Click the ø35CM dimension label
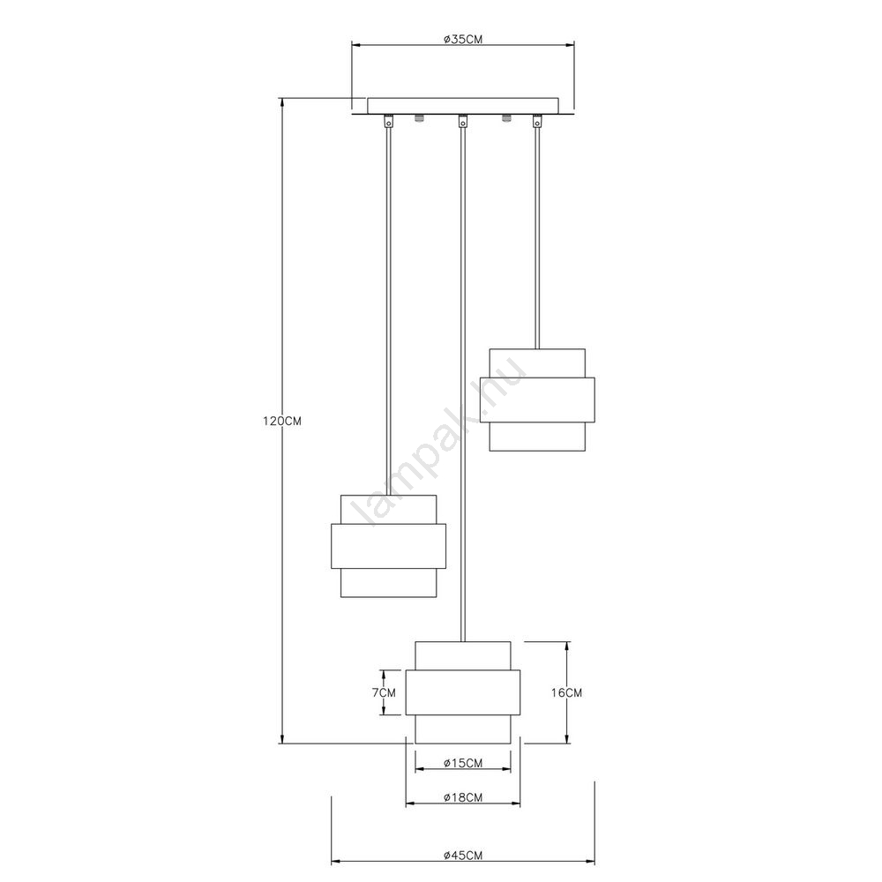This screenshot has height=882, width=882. point(462,40)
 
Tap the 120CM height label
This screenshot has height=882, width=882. point(282,421)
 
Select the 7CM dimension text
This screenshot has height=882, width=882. point(384,692)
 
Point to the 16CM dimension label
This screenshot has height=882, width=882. point(566,693)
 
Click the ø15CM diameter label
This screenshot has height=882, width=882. point(463,763)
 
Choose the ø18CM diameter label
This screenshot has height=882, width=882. point(463,797)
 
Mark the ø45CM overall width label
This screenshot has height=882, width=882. point(463,856)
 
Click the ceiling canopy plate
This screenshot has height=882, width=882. point(463,105)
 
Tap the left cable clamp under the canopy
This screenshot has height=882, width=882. point(388,121)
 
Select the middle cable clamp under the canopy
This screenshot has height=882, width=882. point(462,121)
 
